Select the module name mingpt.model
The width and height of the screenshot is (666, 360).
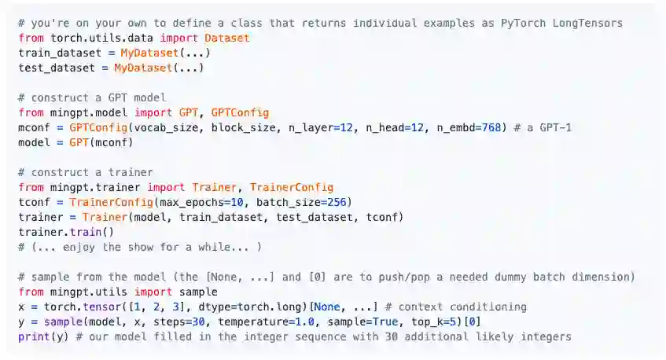(88, 112)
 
